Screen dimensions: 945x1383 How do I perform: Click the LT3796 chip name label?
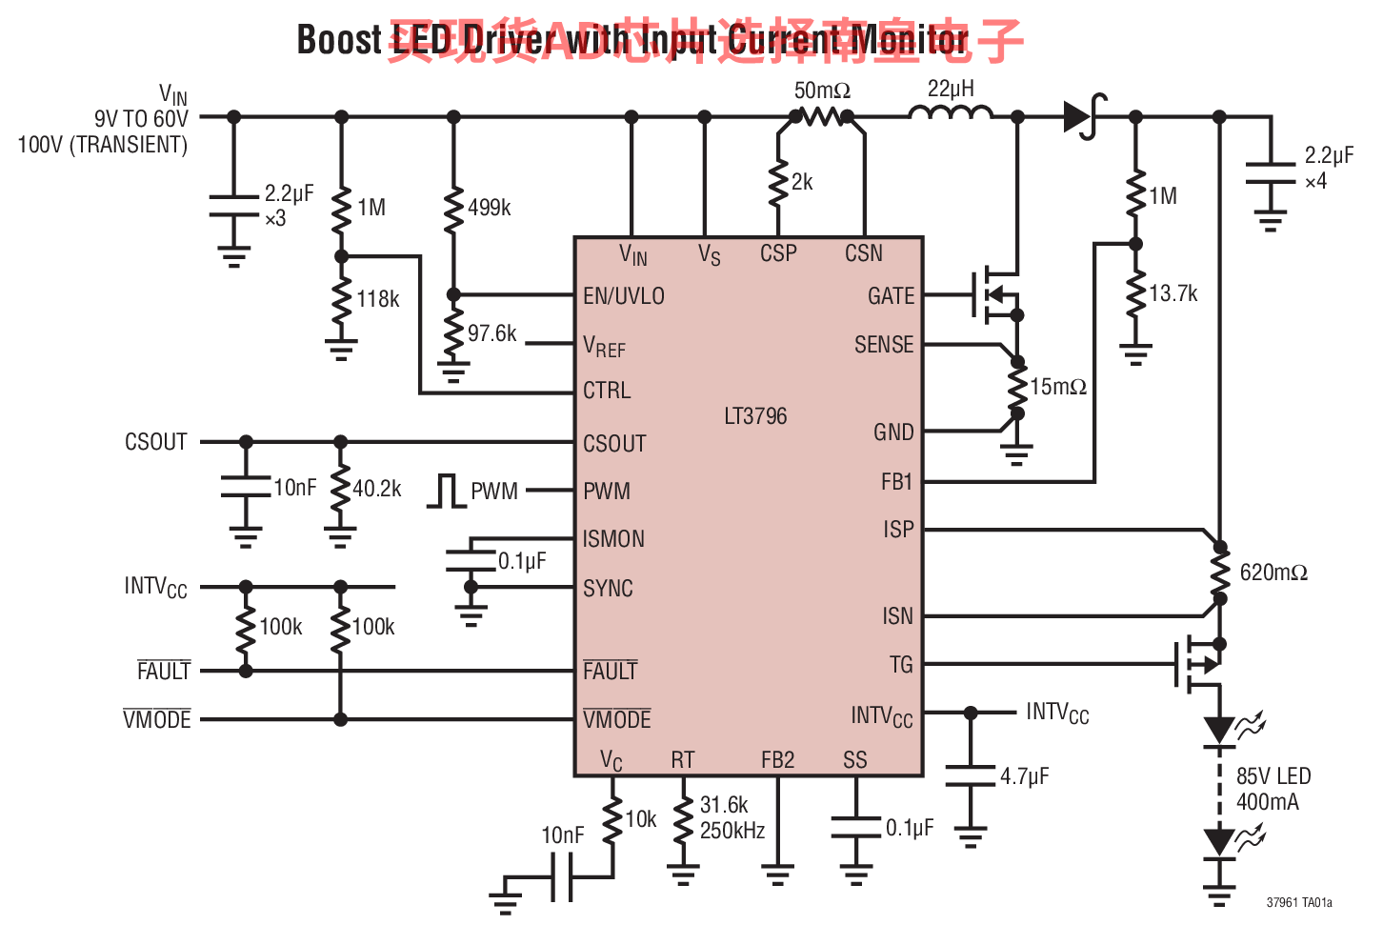click(755, 416)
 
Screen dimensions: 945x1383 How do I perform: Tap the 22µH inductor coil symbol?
click(950, 113)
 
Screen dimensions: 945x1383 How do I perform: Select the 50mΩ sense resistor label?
click(822, 90)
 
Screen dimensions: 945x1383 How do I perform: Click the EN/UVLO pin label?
click(624, 296)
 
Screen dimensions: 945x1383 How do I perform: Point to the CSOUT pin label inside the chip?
click(614, 444)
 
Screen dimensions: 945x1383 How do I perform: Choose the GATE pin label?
click(891, 296)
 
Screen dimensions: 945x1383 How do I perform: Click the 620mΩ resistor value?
click(1273, 573)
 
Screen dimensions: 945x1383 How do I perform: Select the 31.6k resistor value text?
click(724, 805)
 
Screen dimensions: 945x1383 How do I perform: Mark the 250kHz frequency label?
click(732, 831)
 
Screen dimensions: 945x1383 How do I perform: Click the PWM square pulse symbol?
click(446, 491)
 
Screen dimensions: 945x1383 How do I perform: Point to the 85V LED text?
click(1273, 776)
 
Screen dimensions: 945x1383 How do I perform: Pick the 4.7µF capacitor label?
click(1024, 776)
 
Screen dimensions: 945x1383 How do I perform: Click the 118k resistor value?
click(378, 299)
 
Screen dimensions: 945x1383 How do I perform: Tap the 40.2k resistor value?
click(377, 489)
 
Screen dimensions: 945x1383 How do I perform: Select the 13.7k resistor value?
click(1173, 293)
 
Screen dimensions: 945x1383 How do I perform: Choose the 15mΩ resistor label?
click(1058, 387)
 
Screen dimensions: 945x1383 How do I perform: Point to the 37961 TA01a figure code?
click(1299, 902)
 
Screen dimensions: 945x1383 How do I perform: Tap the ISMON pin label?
click(613, 539)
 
